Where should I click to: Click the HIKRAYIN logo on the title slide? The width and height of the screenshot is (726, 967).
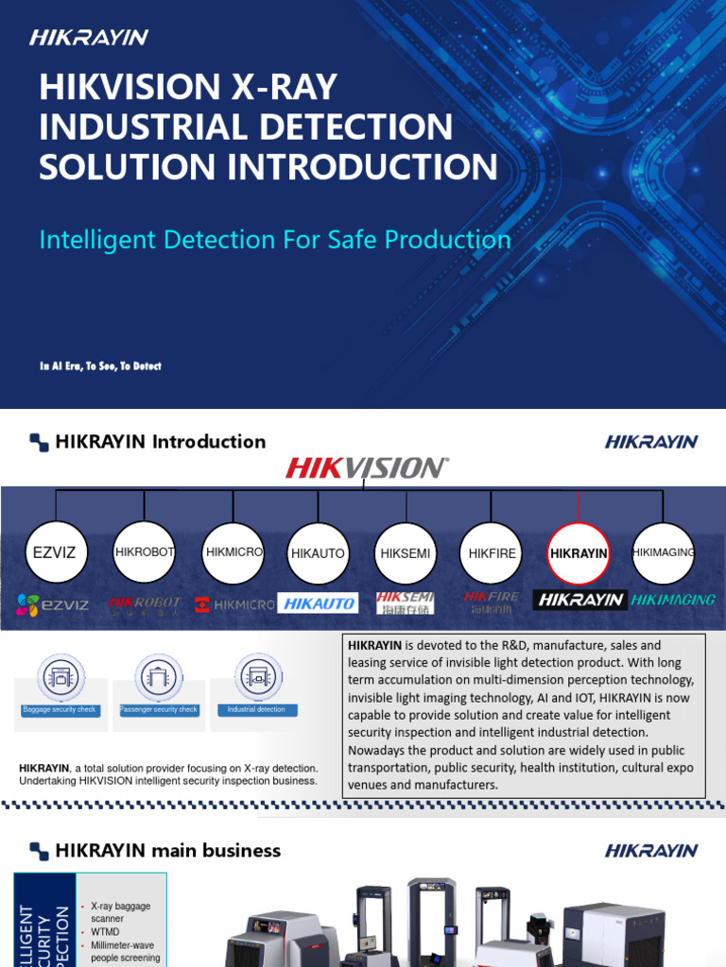click(x=89, y=38)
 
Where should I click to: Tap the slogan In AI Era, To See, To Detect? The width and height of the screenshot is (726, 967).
click(x=100, y=365)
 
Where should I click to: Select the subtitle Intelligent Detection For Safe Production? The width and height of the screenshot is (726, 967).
click(x=275, y=239)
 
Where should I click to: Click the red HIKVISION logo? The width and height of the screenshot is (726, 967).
click(x=367, y=467)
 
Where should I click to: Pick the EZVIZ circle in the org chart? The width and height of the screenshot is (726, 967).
click(x=57, y=552)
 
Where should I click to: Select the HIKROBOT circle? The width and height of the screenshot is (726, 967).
click(x=144, y=552)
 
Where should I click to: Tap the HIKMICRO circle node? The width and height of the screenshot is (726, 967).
click(x=233, y=552)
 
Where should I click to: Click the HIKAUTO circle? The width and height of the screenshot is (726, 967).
click(x=319, y=553)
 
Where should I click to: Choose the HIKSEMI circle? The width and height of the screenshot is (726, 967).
click(x=405, y=553)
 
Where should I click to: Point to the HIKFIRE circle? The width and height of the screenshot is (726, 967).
click(x=493, y=553)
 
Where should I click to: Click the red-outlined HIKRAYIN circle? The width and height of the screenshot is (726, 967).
click(x=579, y=553)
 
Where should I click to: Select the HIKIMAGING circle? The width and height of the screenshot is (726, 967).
click(x=664, y=552)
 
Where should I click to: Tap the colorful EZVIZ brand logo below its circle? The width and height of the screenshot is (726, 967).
click(x=53, y=604)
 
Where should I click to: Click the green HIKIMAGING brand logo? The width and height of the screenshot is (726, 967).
click(x=673, y=600)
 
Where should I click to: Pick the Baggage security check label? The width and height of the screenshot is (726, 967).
click(x=60, y=709)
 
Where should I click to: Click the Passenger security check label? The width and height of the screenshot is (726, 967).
click(x=159, y=709)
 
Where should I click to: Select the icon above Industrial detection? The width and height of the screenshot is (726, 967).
click(x=257, y=676)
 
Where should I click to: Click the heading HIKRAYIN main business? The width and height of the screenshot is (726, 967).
click(x=167, y=850)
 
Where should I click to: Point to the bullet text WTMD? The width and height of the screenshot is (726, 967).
click(x=105, y=931)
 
